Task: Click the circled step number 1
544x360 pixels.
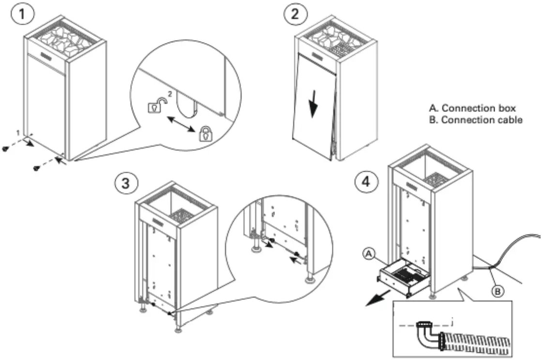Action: (x=23, y=14)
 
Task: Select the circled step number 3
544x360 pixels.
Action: (x=125, y=184)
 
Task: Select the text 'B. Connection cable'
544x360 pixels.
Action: (x=476, y=120)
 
